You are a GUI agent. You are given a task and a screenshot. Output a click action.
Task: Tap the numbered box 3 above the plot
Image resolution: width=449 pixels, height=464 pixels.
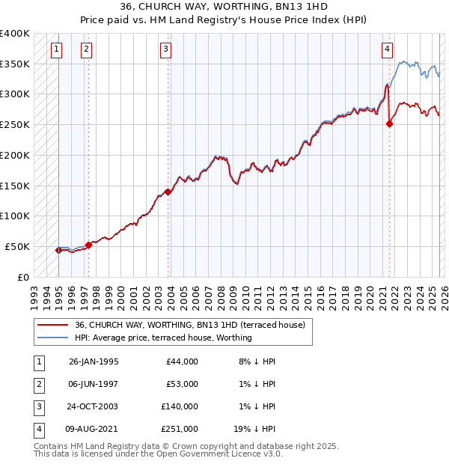pyautogui.click(x=165, y=50)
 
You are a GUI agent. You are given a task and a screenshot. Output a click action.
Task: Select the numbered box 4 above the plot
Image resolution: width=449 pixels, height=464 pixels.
pyautogui.click(x=387, y=50)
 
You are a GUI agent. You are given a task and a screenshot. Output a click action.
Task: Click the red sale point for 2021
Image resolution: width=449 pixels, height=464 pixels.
pyautogui.click(x=389, y=124)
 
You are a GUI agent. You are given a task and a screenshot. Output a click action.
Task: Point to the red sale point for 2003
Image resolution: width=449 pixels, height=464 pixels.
pyautogui.click(x=168, y=192)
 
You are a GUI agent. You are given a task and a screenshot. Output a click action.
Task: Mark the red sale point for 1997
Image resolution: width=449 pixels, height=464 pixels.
pyautogui.click(x=88, y=244)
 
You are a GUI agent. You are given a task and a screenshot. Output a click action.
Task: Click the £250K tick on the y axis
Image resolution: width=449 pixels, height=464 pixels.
pyautogui.click(x=15, y=124)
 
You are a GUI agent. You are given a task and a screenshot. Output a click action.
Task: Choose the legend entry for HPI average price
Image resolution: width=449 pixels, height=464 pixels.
pyautogui.click(x=163, y=338)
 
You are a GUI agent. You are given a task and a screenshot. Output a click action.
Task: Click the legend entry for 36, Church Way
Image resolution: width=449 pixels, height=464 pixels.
pyautogui.click(x=189, y=325)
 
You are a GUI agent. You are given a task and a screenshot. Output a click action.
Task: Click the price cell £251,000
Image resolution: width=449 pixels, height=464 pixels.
pyautogui.click(x=180, y=429)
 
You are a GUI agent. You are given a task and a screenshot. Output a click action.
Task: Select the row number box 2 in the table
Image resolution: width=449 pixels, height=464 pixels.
pyautogui.click(x=38, y=384)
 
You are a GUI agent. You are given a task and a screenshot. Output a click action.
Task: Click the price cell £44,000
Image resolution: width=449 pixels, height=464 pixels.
pyautogui.click(x=182, y=361)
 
